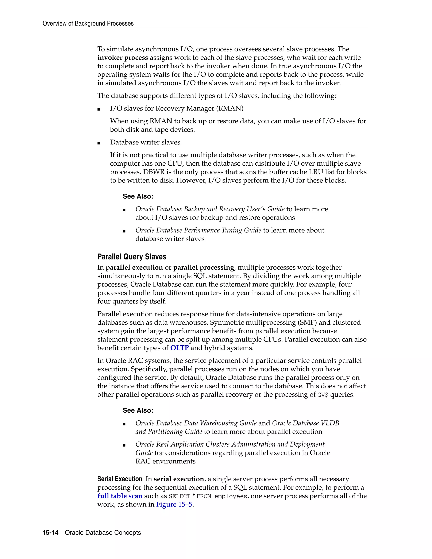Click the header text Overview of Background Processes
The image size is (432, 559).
88,24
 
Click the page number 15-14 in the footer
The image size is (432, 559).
50,533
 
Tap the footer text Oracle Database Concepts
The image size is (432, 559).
103,533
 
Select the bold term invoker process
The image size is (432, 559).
123,58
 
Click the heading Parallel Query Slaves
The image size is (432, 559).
132,257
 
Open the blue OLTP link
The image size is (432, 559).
180,348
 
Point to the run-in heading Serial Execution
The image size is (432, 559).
120,479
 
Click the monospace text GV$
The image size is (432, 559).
323,395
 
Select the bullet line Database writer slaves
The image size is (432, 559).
145,142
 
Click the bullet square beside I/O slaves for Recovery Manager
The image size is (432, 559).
99,109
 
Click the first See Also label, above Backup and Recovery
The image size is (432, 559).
138,196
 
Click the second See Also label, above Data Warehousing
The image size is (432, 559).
138,410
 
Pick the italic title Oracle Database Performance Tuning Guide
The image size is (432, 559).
198,230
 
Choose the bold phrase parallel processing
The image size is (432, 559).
204,267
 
